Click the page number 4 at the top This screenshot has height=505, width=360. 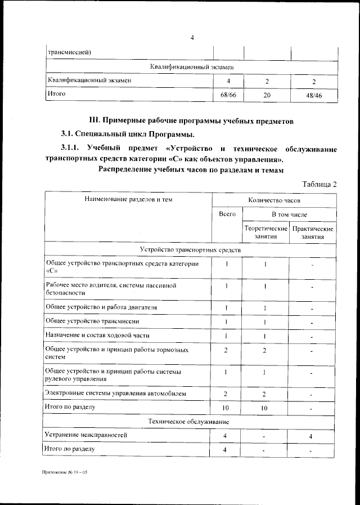[x=192, y=38]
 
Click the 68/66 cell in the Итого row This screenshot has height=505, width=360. [x=228, y=95]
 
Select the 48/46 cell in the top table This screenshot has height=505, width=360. [x=313, y=95]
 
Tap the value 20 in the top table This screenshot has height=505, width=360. [x=267, y=95]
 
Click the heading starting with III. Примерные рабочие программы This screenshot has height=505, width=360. [x=192, y=120]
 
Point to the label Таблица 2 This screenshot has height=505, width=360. [x=319, y=185]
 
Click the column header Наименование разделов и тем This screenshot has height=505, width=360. [x=128, y=200]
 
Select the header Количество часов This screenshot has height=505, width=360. [x=274, y=200]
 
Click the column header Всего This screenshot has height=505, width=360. [x=227, y=214]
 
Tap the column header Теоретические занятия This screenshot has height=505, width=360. [x=265, y=233]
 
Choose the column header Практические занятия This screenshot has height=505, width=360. [x=313, y=233]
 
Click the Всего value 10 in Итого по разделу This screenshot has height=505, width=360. [x=227, y=407]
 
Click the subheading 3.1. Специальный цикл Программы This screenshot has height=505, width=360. [x=127, y=135]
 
